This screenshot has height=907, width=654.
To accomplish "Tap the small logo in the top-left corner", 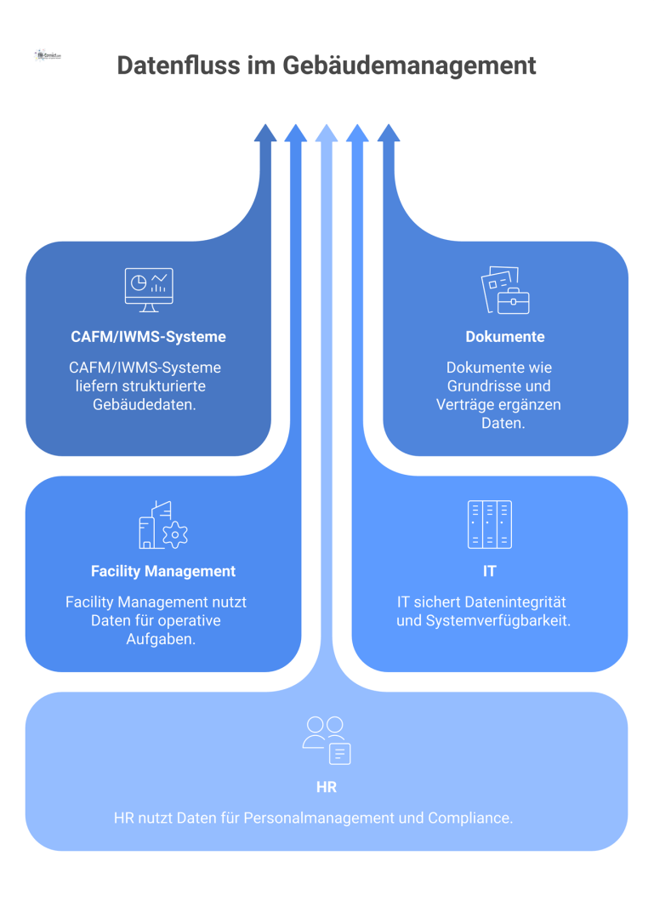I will pyautogui.click(x=48, y=55).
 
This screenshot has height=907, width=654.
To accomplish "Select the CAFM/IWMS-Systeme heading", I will pyautogui.click(x=148, y=337).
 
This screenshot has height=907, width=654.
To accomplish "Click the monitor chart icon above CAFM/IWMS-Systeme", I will pyautogui.click(x=149, y=289).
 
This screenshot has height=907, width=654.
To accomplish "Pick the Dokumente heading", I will pyautogui.click(x=505, y=337).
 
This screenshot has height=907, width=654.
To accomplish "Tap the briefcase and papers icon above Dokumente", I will pyautogui.click(x=505, y=290).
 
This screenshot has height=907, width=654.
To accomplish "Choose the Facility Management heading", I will pyautogui.click(x=163, y=571).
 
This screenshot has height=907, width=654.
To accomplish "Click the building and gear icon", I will pyautogui.click(x=162, y=525).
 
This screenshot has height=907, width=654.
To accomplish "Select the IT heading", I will pyautogui.click(x=490, y=571).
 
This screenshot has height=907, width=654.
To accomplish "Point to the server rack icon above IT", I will pyautogui.click(x=490, y=524).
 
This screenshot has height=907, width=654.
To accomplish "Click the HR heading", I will pyautogui.click(x=327, y=787).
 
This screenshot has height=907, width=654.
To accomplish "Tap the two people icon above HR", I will pyautogui.click(x=327, y=739).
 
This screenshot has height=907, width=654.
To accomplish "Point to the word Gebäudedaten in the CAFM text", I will pyautogui.click(x=145, y=404).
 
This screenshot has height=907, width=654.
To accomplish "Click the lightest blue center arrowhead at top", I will pyautogui.click(x=327, y=133).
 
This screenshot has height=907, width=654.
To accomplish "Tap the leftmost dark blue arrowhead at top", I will pyautogui.click(x=265, y=133).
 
